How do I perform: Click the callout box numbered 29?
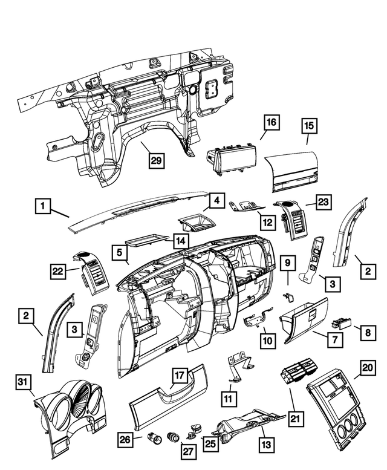click(x=157, y=160)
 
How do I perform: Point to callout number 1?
click(x=43, y=206)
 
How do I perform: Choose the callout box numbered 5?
click(x=120, y=252)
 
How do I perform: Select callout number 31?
click(x=22, y=382)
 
